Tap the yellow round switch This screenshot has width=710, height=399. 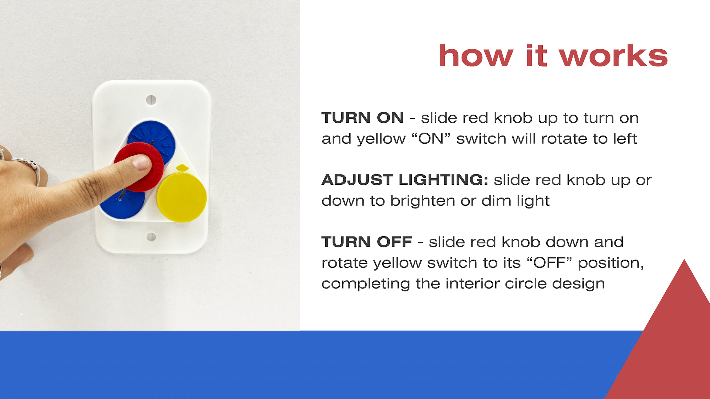(181, 198)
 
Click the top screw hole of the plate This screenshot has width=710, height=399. (151, 100)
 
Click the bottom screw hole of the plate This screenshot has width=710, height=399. (151, 237)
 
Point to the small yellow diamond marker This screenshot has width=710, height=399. (182, 167)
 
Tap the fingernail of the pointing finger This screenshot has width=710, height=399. (141, 163)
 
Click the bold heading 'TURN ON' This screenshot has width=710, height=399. (362, 118)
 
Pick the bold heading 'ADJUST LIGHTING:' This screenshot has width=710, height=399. (405, 180)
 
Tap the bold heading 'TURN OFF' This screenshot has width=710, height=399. (367, 242)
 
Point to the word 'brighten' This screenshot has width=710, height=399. (422, 201)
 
